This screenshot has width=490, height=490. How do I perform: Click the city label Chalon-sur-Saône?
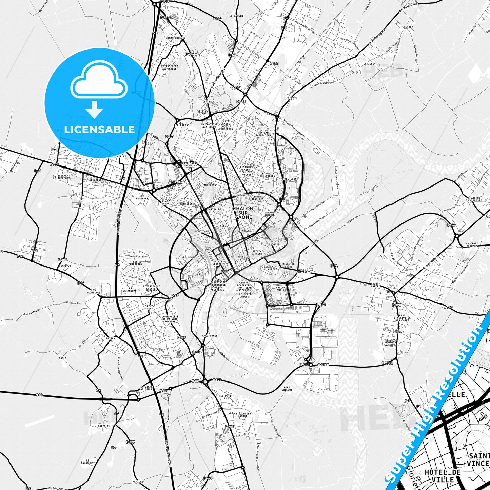tap(243, 213)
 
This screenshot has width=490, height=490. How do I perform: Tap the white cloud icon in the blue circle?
tap(99, 82)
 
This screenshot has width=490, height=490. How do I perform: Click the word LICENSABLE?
tap(99, 130)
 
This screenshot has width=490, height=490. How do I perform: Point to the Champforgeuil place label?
tap(175, 38)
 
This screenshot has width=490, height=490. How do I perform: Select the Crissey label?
tap(370, 64)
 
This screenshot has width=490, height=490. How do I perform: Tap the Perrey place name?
tap(408, 27)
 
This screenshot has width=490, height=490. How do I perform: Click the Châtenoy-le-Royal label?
tap(98, 181)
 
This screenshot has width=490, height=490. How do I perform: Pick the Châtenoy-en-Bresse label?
tap(475, 199)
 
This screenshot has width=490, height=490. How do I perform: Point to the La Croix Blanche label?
tap(472, 245)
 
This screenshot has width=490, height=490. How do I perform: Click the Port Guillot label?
tap(287, 389)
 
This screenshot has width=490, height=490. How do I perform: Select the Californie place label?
tap(210, 336)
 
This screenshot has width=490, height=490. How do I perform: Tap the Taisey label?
tap(111, 338)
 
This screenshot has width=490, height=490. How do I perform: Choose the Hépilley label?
tap(138, 482)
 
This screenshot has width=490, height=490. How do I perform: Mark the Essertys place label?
tap(64, 266)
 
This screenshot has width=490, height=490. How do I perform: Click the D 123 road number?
tap(448, 307)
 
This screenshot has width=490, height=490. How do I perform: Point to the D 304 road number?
tap(62, 260)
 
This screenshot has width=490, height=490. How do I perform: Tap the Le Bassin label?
tap(236, 16)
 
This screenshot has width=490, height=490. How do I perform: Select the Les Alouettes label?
tap(93, 291)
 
